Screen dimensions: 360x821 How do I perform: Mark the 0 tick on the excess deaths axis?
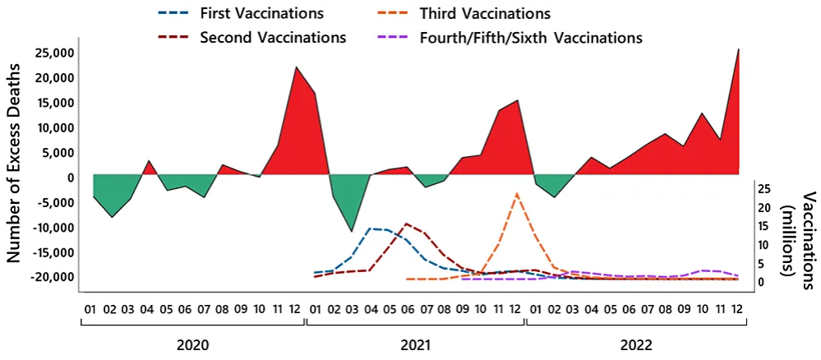(x=71, y=178)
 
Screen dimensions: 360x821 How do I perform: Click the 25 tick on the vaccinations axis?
(x=763, y=188)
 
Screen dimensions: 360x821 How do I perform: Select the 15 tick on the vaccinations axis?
(x=763, y=226)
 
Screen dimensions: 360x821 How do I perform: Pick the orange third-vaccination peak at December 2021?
(x=516, y=194)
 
